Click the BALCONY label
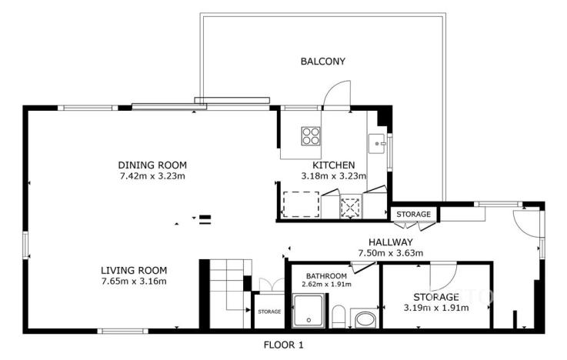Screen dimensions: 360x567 tap(323, 61)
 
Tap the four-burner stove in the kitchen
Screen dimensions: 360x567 tap(311, 136)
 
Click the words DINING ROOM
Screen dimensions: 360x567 tap(152, 165)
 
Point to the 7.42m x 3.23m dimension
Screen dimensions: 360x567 tap(152, 176)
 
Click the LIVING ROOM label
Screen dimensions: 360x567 tap(134, 270)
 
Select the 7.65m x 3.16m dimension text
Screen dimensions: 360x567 tap(134, 281)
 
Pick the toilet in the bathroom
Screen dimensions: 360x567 tap(339, 315)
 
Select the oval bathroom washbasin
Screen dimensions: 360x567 tap(365, 318)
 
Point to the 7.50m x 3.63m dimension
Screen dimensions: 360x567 tap(391, 252)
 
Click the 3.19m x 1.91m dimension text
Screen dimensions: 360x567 tap(436, 308)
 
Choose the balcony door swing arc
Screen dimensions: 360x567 tap(337, 93)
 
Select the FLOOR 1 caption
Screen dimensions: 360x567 tap(284, 345)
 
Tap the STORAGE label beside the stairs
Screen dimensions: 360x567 tap(268, 312)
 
